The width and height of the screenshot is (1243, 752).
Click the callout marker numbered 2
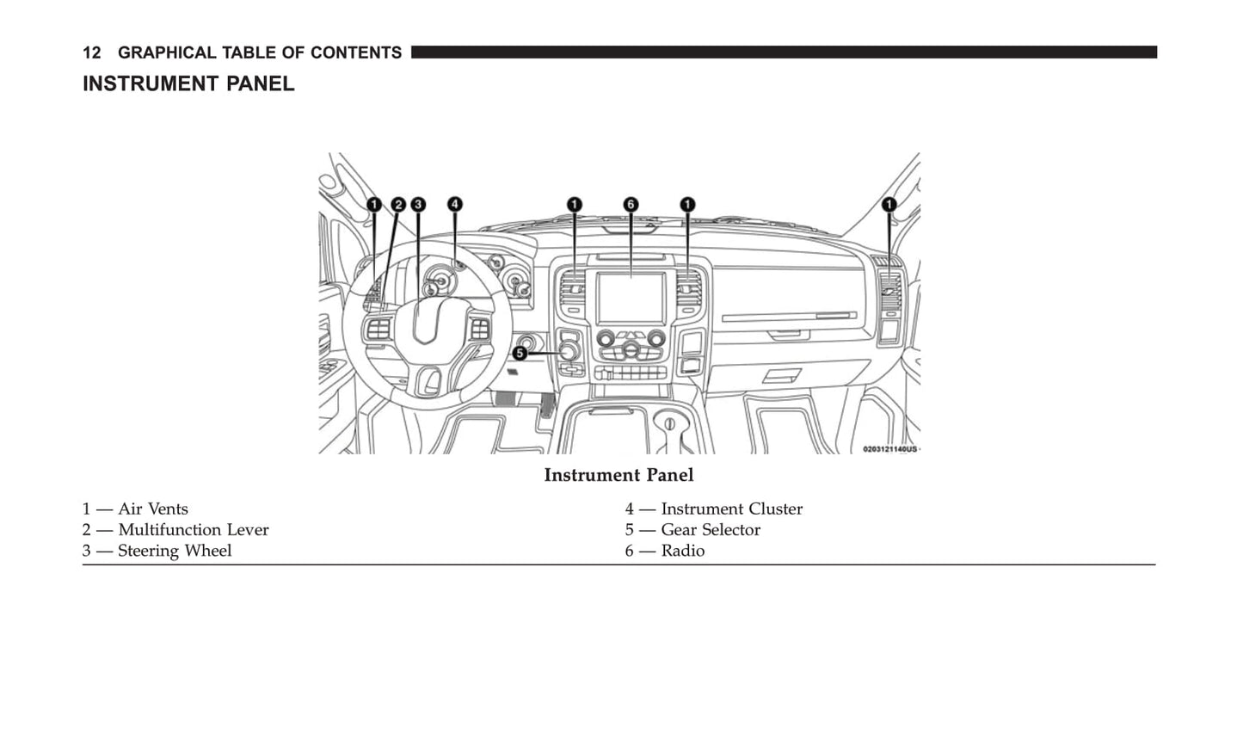tap(398, 205)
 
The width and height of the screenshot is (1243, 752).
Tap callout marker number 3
tap(417, 205)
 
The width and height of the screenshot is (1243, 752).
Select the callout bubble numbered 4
tap(454, 204)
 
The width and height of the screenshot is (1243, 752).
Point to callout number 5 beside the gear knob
tap(520, 353)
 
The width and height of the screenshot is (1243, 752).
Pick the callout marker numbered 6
tap(631, 204)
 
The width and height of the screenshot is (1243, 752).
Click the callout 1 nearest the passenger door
tap(889, 204)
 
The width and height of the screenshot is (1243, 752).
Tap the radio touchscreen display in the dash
tap(631, 298)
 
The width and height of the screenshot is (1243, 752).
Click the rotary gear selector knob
tap(569, 351)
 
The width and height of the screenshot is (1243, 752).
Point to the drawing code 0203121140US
tap(889, 449)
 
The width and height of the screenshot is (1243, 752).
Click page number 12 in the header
tap(91, 53)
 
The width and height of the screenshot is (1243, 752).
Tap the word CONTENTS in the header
tap(356, 53)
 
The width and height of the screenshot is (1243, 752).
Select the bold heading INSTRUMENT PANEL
tap(188, 84)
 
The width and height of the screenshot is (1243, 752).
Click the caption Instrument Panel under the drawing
tap(618, 475)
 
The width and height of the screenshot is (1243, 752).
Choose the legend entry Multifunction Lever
tap(193, 530)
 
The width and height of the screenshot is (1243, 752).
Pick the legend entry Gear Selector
tap(711, 530)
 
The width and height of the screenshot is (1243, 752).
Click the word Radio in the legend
tap(682, 551)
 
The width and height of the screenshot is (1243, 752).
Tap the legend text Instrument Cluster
tap(731, 509)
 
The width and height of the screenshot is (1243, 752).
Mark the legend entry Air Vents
tap(153, 509)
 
